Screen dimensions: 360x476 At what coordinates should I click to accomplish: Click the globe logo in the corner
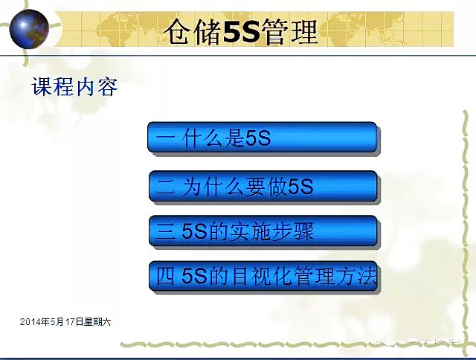pos(29,28)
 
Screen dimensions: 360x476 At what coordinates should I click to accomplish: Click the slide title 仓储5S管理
pos(241,31)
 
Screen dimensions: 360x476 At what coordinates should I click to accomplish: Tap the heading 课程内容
pos(74,87)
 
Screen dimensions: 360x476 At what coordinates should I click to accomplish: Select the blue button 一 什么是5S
pos(263,139)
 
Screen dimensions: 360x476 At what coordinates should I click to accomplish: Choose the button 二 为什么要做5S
pos(263,187)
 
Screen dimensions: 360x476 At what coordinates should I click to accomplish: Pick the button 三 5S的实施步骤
pos(263,231)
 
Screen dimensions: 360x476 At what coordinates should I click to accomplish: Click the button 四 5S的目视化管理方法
pos(263,277)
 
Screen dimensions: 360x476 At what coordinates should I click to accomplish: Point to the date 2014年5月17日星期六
pos(65,322)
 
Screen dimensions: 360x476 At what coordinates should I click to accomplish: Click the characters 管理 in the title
pos(288,31)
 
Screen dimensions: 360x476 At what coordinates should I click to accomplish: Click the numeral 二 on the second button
pos(167,187)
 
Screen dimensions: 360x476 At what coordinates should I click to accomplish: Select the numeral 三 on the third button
pos(167,231)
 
